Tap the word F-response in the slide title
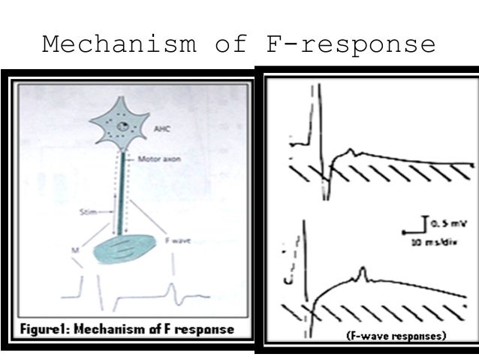tap(350, 44)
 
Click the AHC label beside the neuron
tap(161, 129)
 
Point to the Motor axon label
tap(155, 159)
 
